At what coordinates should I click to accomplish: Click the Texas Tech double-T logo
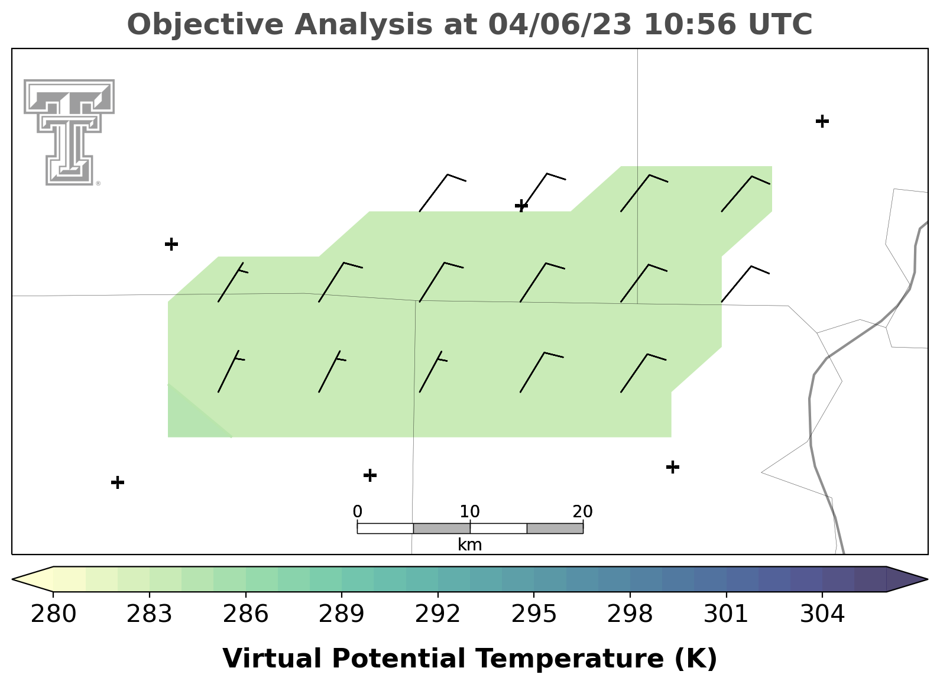coord(69,132)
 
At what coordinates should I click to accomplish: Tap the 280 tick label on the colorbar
coord(53,614)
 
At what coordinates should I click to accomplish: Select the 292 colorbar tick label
coord(437,614)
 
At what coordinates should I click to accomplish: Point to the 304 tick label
coord(822,614)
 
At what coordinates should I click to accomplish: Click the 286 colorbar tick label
coord(245,614)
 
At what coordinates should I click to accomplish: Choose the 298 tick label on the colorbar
coord(630,614)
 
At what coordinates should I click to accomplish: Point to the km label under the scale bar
coord(469,544)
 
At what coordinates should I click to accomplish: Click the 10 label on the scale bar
coord(469,511)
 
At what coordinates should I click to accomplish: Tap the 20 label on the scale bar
coord(582,511)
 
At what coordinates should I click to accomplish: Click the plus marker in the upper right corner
coord(822,121)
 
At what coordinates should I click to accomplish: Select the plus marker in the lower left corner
coord(118,482)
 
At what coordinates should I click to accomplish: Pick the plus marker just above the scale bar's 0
coord(369,475)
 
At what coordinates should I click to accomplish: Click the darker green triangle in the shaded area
coord(189,417)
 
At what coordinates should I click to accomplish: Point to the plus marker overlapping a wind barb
coord(521,206)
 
